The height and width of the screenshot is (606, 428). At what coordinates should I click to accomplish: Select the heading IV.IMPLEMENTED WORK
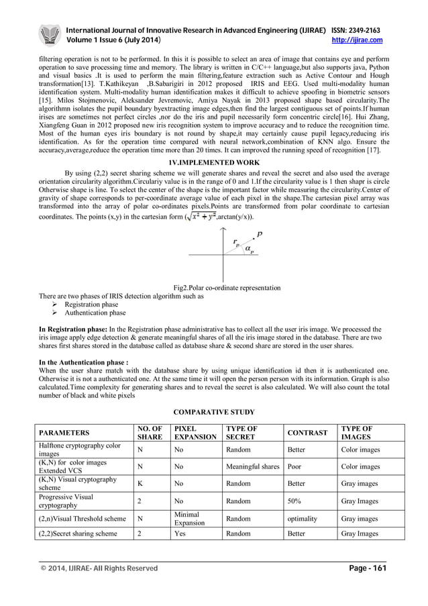click(214, 162)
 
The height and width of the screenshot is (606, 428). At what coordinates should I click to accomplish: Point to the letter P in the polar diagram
click(260, 236)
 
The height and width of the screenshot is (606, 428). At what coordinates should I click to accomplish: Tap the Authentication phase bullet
click(94, 313)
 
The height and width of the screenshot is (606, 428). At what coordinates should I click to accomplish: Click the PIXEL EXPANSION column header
click(195, 433)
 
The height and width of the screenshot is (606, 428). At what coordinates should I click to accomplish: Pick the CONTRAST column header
click(307, 433)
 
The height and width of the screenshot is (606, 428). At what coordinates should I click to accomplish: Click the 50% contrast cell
click(295, 501)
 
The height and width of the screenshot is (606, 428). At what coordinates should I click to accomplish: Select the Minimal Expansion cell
click(189, 519)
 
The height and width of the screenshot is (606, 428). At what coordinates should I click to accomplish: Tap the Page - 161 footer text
click(368, 568)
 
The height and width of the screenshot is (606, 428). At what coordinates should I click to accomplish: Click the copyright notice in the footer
click(99, 568)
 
